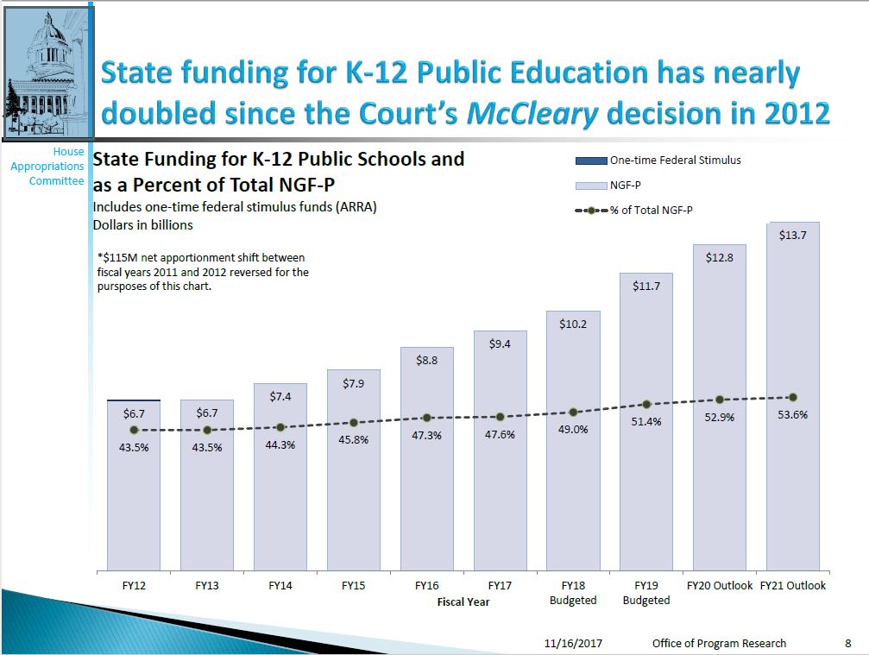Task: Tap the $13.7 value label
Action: tap(792, 235)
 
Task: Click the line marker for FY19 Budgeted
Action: tap(646, 404)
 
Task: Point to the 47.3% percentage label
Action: tap(426, 436)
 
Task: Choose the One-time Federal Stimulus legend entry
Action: tap(658, 161)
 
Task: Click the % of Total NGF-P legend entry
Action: tap(639, 209)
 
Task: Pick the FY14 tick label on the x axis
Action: tap(280, 585)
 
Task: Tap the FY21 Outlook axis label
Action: tap(792, 585)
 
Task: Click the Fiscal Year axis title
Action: tap(463, 601)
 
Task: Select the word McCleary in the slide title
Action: tap(532, 112)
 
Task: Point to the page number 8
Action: tap(847, 643)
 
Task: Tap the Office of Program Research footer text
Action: tap(719, 643)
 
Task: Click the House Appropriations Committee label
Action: tap(48, 166)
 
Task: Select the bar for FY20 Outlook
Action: tap(719, 483)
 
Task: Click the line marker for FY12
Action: tap(134, 430)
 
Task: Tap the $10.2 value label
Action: tap(573, 324)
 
